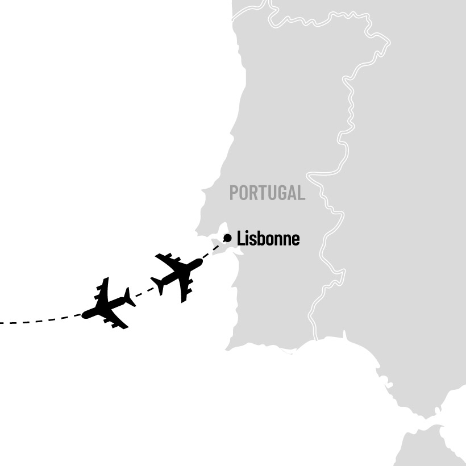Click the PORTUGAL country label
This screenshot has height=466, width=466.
(x=267, y=193)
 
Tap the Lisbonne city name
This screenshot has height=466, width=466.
(x=268, y=239)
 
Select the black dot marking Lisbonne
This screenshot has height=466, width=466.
(x=227, y=238)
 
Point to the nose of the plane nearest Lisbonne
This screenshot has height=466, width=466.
(x=200, y=263)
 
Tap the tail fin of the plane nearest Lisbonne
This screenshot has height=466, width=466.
(x=157, y=285)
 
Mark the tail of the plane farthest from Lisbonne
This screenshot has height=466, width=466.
(x=130, y=297)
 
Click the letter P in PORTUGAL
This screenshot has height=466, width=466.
(x=234, y=193)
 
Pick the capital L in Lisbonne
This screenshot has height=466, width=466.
(x=240, y=239)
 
